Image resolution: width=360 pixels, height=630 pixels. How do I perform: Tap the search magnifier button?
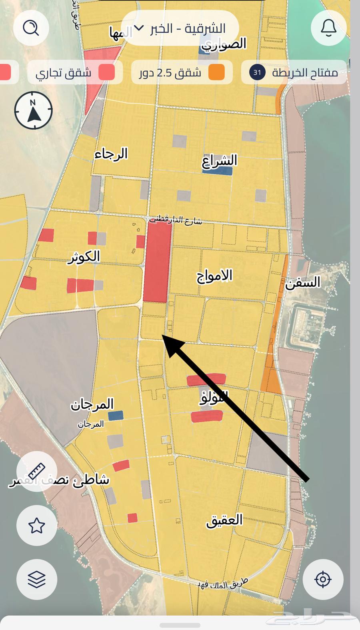pyautogui.click(x=31, y=28)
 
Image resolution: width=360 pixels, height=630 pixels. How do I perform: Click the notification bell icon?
pyautogui.click(x=328, y=28)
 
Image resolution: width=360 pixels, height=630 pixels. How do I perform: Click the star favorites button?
pyautogui.click(x=36, y=526)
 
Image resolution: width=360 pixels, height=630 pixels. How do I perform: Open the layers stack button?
pyautogui.click(x=36, y=579)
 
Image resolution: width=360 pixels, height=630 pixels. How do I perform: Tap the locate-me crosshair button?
pyautogui.click(x=323, y=579)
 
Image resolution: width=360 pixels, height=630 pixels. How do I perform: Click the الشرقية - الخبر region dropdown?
pyautogui.click(x=180, y=28)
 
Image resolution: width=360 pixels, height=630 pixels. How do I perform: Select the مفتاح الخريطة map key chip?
pyautogui.click(x=294, y=72)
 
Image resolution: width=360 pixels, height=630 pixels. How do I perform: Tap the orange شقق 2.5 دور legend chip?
pyautogui.click(x=182, y=72)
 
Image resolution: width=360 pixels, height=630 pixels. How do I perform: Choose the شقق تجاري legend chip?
pyautogui.click(x=75, y=72)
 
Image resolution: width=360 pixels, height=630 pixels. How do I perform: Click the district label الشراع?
pyautogui.click(x=220, y=160)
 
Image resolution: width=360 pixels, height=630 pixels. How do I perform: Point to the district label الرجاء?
pyautogui.click(x=111, y=154)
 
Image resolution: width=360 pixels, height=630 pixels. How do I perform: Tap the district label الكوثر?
pyautogui.click(x=84, y=257)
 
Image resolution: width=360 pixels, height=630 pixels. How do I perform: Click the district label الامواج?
pyautogui.click(x=214, y=276)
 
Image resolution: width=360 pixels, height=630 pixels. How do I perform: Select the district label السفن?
pyautogui.click(x=303, y=283)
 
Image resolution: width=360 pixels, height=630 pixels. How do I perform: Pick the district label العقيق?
pyautogui.click(x=224, y=520)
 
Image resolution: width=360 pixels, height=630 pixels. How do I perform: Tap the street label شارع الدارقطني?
pyautogui.click(x=176, y=220)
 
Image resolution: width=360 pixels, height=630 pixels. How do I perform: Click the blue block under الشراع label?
pyautogui.click(x=217, y=171)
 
